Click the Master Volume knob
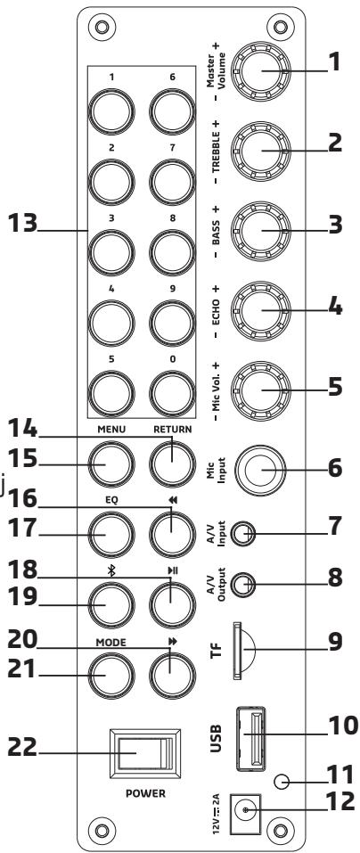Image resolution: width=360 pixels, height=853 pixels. [261, 72]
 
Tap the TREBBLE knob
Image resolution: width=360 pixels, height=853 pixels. [261, 151]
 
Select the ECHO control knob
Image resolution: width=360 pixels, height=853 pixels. [261, 310]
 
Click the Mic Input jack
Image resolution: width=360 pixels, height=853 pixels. [261, 470]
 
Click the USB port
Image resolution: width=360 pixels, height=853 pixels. [250, 738]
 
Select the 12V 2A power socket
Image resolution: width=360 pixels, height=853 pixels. [246, 810]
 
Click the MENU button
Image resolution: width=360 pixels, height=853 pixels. [110, 463]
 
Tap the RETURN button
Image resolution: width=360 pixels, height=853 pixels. [172, 463]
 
